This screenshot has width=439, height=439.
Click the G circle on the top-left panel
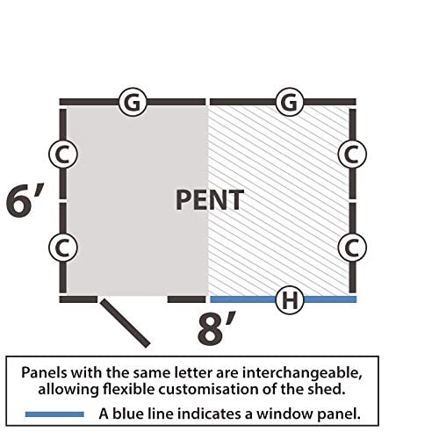click(x=133, y=102)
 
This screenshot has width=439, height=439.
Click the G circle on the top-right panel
click(x=290, y=102)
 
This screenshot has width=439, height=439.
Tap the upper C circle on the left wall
click(x=63, y=154)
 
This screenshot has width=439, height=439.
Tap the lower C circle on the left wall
click(x=63, y=248)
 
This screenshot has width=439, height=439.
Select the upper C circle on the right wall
click(x=352, y=154)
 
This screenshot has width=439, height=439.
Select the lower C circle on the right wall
click(x=352, y=248)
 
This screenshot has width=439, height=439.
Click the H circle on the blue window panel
click(x=290, y=299)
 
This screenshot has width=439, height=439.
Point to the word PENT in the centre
click(x=210, y=200)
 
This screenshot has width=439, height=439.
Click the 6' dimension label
click(x=25, y=200)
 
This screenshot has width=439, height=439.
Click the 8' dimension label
click(x=216, y=328)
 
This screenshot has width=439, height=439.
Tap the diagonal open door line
click(x=125, y=323)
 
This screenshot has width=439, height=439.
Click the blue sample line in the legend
click(x=54, y=414)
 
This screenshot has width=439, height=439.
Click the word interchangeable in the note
click(x=302, y=372)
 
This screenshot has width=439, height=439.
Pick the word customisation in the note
click(x=209, y=389)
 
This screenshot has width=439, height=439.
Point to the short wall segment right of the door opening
click(x=187, y=299)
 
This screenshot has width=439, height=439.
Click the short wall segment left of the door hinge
click(x=78, y=299)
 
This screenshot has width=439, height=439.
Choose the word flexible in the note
click(x=128, y=389)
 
